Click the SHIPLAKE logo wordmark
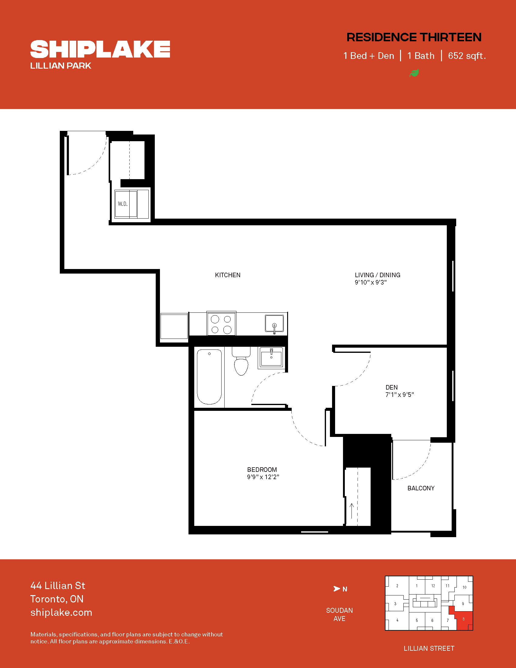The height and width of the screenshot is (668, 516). point(100,49)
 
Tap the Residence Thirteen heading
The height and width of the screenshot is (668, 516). point(414,37)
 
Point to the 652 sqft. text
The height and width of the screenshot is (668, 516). point(467,56)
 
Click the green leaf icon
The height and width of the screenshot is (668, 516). point(414,73)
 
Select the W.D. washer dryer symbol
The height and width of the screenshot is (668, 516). point(132,204)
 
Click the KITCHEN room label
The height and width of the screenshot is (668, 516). point(228,275)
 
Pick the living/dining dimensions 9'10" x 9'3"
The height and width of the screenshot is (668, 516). point(371,282)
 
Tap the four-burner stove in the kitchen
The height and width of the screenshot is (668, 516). point(221,324)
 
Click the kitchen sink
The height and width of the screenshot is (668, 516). point(274,324)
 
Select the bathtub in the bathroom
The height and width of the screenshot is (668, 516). point(209,377)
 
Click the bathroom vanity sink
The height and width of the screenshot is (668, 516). point(271,357)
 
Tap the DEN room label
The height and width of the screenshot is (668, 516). point(392,387)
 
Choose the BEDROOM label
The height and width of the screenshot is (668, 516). point(262,469)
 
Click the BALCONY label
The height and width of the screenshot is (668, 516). point(421,488)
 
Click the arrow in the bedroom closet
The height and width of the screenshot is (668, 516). point(352,511)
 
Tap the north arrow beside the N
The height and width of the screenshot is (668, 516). point(337,589)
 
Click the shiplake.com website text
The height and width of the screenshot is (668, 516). point(61,613)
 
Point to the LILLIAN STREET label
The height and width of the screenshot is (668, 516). point(429,649)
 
